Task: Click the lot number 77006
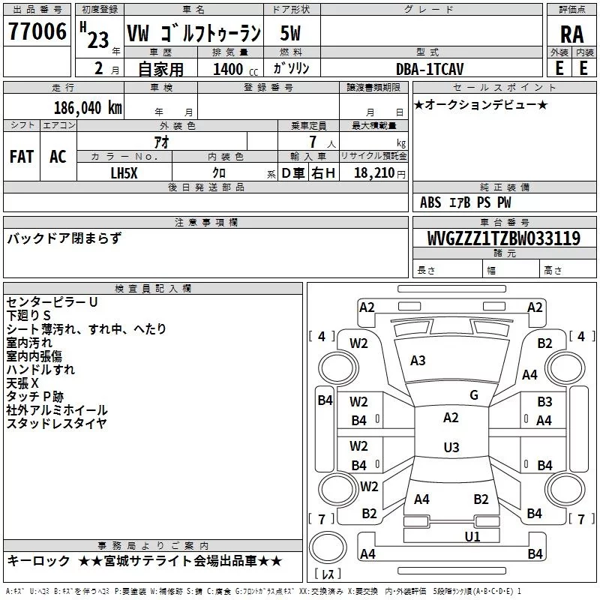click(37, 32)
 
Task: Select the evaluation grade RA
click(571, 34)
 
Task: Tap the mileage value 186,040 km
click(88, 107)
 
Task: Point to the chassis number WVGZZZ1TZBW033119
click(505, 239)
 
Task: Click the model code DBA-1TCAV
click(430, 69)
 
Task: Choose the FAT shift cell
click(22, 157)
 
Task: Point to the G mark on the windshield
click(474, 395)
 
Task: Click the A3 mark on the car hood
click(418, 361)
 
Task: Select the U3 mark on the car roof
click(451, 448)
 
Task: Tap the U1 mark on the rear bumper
click(472, 536)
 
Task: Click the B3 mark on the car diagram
click(544, 402)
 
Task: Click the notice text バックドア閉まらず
click(64, 238)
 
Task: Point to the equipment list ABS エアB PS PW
click(466, 202)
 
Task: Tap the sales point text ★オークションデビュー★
click(481, 105)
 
